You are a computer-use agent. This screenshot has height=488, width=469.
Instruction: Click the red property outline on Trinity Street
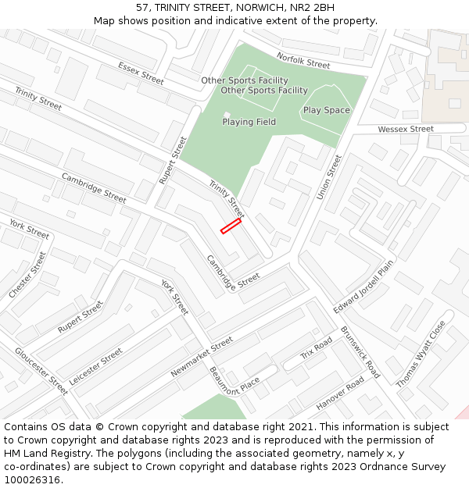[x=231, y=226]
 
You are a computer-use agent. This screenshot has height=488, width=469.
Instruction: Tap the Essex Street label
[x=141, y=73]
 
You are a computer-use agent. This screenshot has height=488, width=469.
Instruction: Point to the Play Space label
[x=326, y=110]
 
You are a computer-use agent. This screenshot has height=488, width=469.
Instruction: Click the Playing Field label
[x=249, y=122]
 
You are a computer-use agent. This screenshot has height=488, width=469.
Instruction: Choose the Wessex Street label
[x=405, y=129]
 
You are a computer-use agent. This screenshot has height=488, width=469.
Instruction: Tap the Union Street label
[x=329, y=176]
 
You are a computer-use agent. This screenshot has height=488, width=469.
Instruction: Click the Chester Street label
[x=27, y=274]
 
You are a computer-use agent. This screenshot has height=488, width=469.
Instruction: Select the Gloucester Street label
[x=41, y=370]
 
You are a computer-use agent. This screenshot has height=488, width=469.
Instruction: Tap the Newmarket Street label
[x=202, y=357]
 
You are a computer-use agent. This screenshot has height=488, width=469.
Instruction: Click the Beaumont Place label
[x=234, y=383]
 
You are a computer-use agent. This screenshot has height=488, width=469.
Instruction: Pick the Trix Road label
[x=317, y=349]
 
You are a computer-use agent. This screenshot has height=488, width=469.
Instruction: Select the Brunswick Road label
[x=360, y=352]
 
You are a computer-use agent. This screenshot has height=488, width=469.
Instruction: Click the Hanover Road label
[x=340, y=394]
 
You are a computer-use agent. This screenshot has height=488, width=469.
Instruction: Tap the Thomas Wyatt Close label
[x=421, y=354]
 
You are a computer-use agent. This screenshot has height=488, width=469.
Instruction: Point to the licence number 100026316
[x=31, y=479]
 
